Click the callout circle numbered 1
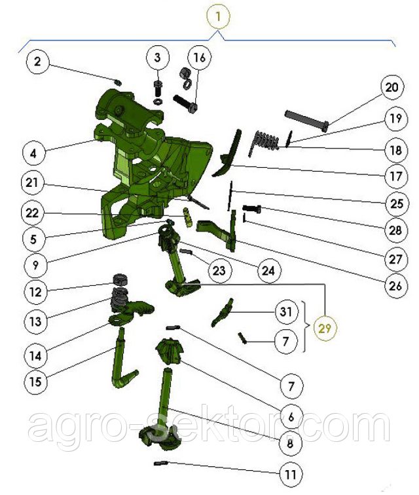(218, 16)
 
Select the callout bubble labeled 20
(392, 87)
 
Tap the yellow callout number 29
(325, 328)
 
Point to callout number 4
(33, 153)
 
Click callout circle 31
(286, 312)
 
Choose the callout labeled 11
(291, 474)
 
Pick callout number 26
(395, 286)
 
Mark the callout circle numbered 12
(35, 292)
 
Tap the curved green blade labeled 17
(228, 153)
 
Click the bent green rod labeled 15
(122, 359)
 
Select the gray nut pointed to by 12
(120, 279)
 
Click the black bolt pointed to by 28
(251, 208)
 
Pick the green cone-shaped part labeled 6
(169, 351)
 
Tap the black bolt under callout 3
(158, 89)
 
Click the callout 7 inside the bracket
(286, 342)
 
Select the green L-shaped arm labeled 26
(221, 231)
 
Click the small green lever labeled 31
(223, 312)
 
